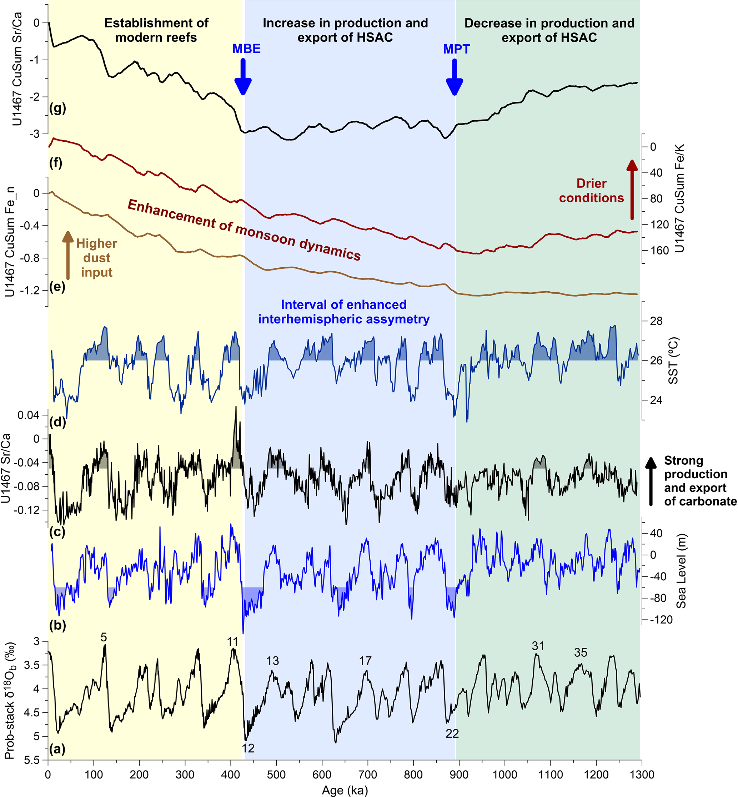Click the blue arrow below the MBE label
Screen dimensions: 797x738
(x=243, y=77)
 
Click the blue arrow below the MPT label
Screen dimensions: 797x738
(x=454, y=77)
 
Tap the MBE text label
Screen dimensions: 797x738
(x=246, y=49)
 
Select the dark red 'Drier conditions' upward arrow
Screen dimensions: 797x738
(x=632, y=190)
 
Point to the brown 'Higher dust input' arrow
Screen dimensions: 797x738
(x=68, y=255)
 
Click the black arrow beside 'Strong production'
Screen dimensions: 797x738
(x=651, y=481)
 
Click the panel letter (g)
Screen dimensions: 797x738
(x=57, y=108)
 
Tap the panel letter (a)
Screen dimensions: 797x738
(x=57, y=749)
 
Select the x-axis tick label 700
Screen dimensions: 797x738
(x=367, y=775)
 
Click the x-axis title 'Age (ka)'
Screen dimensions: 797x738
(x=345, y=790)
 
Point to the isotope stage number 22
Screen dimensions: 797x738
(x=452, y=733)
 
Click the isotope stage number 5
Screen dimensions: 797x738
(x=104, y=638)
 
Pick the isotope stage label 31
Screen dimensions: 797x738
(x=538, y=646)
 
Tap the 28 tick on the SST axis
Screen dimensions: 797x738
(x=656, y=321)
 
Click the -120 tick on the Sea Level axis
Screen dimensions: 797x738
(x=661, y=620)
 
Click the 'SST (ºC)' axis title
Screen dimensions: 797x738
(x=673, y=361)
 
